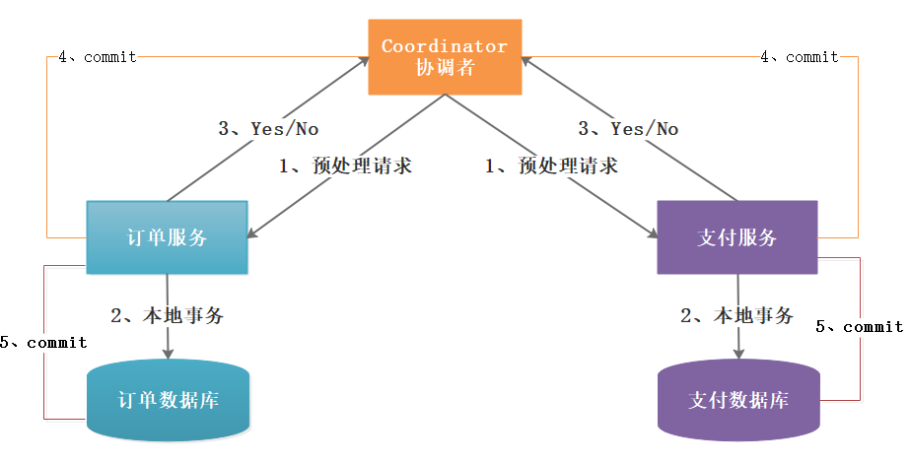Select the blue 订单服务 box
click(x=167, y=237)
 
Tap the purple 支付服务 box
click(x=736, y=237)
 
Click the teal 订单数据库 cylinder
click(x=169, y=400)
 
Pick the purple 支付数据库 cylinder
click(x=738, y=400)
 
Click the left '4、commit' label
click(x=98, y=57)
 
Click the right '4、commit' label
click(x=800, y=57)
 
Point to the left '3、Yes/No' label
click(x=268, y=128)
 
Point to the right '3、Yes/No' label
click(x=628, y=128)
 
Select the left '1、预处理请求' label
click(x=345, y=166)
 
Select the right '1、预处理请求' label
click(x=552, y=166)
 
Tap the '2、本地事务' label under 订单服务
click(x=167, y=316)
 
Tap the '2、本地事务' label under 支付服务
click(x=736, y=316)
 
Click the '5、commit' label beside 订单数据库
click(x=44, y=343)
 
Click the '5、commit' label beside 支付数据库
click(x=860, y=326)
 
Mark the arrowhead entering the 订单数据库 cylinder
click(x=169, y=355)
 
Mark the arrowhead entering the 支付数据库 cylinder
click(x=739, y=355)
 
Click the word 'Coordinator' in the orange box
click(x=445, y=46)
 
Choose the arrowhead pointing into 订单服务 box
click(x=252, y=234)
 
